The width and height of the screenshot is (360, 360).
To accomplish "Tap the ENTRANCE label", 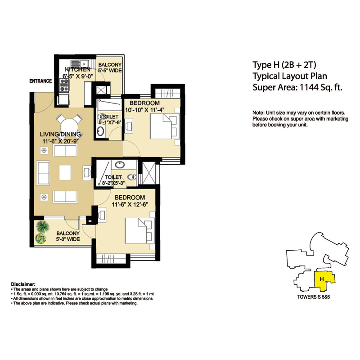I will click(40, 81).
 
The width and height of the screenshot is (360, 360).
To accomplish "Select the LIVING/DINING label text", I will click(60, 135).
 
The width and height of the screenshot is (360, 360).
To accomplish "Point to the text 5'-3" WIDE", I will click(68, 240).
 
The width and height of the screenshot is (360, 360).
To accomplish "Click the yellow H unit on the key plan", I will click(323, 281).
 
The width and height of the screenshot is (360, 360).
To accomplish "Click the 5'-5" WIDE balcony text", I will click(110, 71).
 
